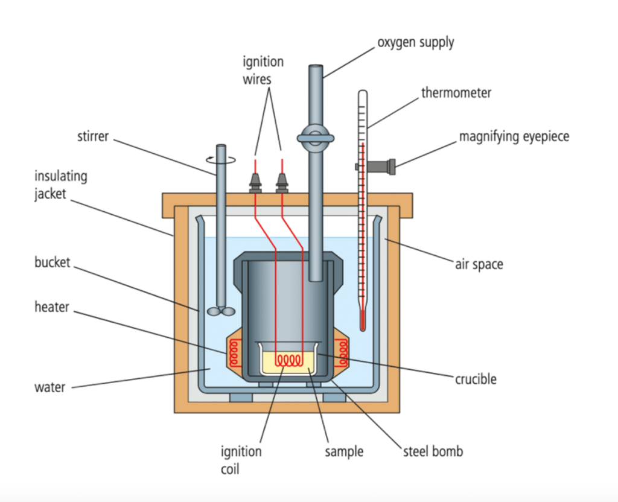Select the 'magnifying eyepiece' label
[x=514, y=136]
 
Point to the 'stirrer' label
[x=92, y=136]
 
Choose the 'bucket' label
[x=53, y=262]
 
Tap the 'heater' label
[x=52, y=307]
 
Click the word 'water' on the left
[x=50, y=386]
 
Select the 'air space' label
[x=479, y=264]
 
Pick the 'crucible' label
[x=476, y=379]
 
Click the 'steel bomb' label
[x=433, y=451]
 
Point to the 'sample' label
[x=344, y=451]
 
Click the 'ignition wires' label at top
[x=263, y=70]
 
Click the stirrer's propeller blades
[x=221, y=311]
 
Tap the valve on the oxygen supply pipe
[x=316, y=138]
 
